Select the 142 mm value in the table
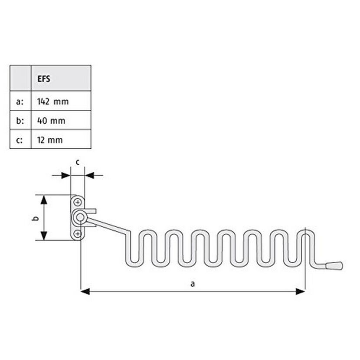[x=53, y=101]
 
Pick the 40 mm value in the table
[x=51, y=121]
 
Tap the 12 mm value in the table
[x=50, y=140]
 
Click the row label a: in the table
[x=20, y=101]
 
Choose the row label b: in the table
[x=20, y=121]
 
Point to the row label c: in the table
[x=20, y=140]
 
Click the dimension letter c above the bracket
[x=78, y=162]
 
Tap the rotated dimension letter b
[x=36, y=218]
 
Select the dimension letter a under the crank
[x=193, y=284]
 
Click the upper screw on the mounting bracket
[x=78, y=202]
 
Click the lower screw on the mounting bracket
[x=78, y=234]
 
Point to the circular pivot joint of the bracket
[x=80, y=217]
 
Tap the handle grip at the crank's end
[x=334, y=266]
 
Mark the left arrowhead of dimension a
[x=85, y=291]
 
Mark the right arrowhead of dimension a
[x=300, y=291]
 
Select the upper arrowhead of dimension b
[x=44, y=200]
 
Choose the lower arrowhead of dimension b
[x=44, y=236]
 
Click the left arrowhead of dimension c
[x=66, y=175]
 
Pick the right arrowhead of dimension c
[x=89, y=175]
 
